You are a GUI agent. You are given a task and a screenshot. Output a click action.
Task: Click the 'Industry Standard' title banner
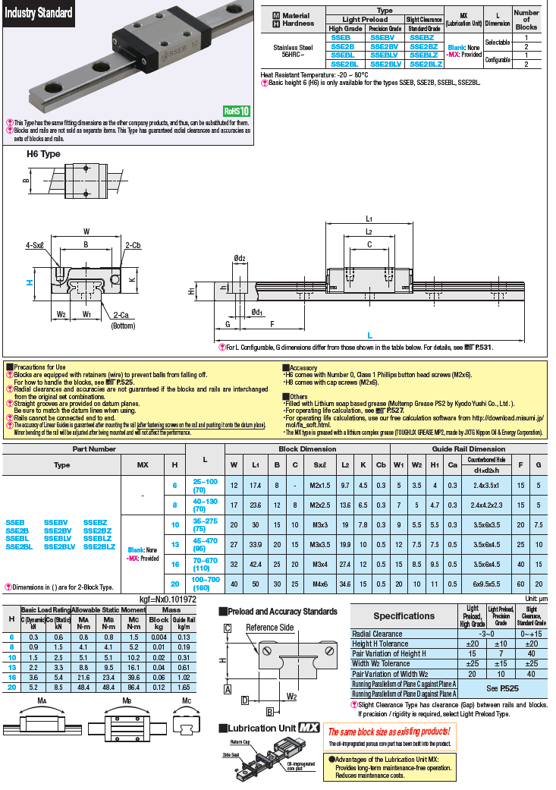(x=39, y=13)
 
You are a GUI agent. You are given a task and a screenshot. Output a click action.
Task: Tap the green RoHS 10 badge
(x=237, y=111)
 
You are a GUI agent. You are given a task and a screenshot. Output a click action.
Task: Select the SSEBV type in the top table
(x=382, y=36)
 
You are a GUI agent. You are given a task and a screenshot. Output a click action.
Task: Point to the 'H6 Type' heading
(x=43, y=153)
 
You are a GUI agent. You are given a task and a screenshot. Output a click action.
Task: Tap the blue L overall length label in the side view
(x=369, y=335)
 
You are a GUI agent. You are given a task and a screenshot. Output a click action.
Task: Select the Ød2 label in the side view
(x=240, y=259)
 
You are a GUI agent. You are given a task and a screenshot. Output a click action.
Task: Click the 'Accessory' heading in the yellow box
(x=302, y=367)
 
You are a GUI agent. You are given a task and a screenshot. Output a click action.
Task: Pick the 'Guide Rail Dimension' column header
(x=469, y=449)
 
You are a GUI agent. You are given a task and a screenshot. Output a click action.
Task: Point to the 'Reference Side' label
(x=270, y=628)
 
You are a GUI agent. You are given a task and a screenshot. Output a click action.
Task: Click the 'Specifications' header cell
(x=404, y=615)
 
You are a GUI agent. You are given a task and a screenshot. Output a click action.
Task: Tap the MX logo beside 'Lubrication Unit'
(x=307, y=727)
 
